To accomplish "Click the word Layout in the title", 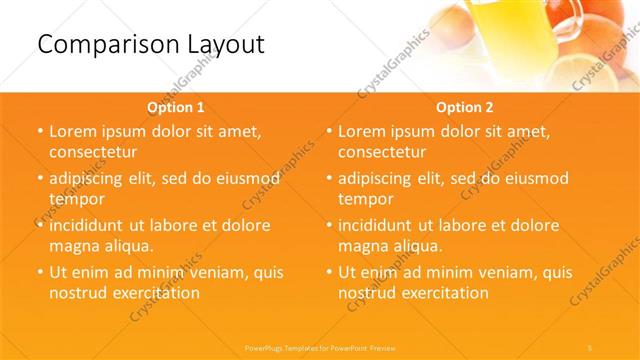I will tap(219, 44).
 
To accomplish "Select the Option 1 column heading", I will tap(176, 106).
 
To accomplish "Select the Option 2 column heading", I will tap(465, 106).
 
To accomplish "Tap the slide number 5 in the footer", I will tap(589, 347).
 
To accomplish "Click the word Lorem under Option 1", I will tap(74, 131).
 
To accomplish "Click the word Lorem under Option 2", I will tap(363, 131).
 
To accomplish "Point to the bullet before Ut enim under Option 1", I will tap(39, 272).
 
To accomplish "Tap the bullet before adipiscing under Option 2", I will tap(328, 179).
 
